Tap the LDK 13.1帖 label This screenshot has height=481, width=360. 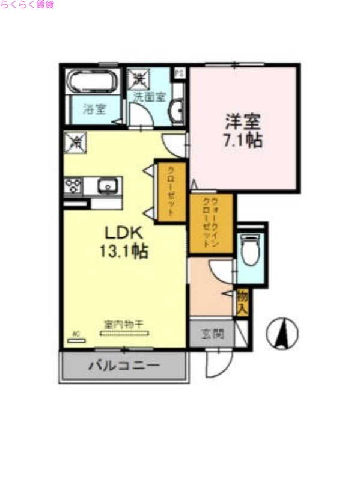(124, 241)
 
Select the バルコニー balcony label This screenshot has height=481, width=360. (124, 365)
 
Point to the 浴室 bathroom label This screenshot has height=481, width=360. (94, 109)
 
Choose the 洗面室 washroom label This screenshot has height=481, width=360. (149, 96)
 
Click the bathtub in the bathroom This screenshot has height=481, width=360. (94, 82)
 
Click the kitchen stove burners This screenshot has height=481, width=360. (73, 186)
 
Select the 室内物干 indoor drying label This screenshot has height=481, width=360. (123, 325)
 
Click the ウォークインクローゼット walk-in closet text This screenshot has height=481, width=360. (210, 223)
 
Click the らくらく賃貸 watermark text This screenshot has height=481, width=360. (28, 5)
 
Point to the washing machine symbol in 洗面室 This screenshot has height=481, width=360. (139, 79)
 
